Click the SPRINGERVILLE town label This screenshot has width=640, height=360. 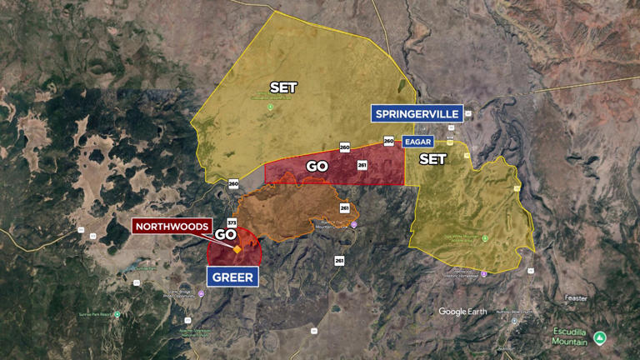417,113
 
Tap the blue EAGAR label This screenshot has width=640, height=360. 417,142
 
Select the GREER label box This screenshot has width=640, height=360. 232,277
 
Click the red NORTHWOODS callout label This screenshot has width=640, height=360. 172,226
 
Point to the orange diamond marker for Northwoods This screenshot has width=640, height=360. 237,249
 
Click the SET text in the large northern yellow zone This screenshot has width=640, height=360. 283,87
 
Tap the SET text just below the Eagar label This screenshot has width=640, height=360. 432,158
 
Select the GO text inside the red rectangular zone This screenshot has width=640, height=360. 317,166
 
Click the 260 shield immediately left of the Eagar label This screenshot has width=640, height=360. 389,141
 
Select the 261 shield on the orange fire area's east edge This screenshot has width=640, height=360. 345,207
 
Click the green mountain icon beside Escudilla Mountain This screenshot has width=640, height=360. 600,337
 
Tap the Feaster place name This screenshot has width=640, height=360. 575,297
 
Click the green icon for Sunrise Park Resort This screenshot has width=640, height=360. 117,314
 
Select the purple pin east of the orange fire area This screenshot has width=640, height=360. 353,224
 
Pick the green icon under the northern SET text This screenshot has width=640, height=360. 270,106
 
